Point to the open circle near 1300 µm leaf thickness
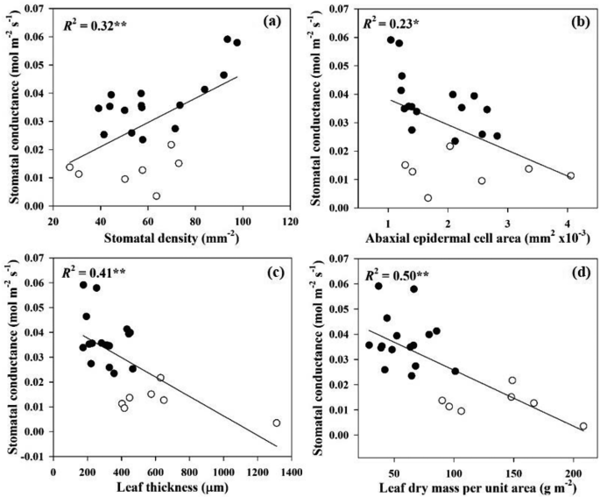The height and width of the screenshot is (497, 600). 277,422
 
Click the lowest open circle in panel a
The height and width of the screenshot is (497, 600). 156,196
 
